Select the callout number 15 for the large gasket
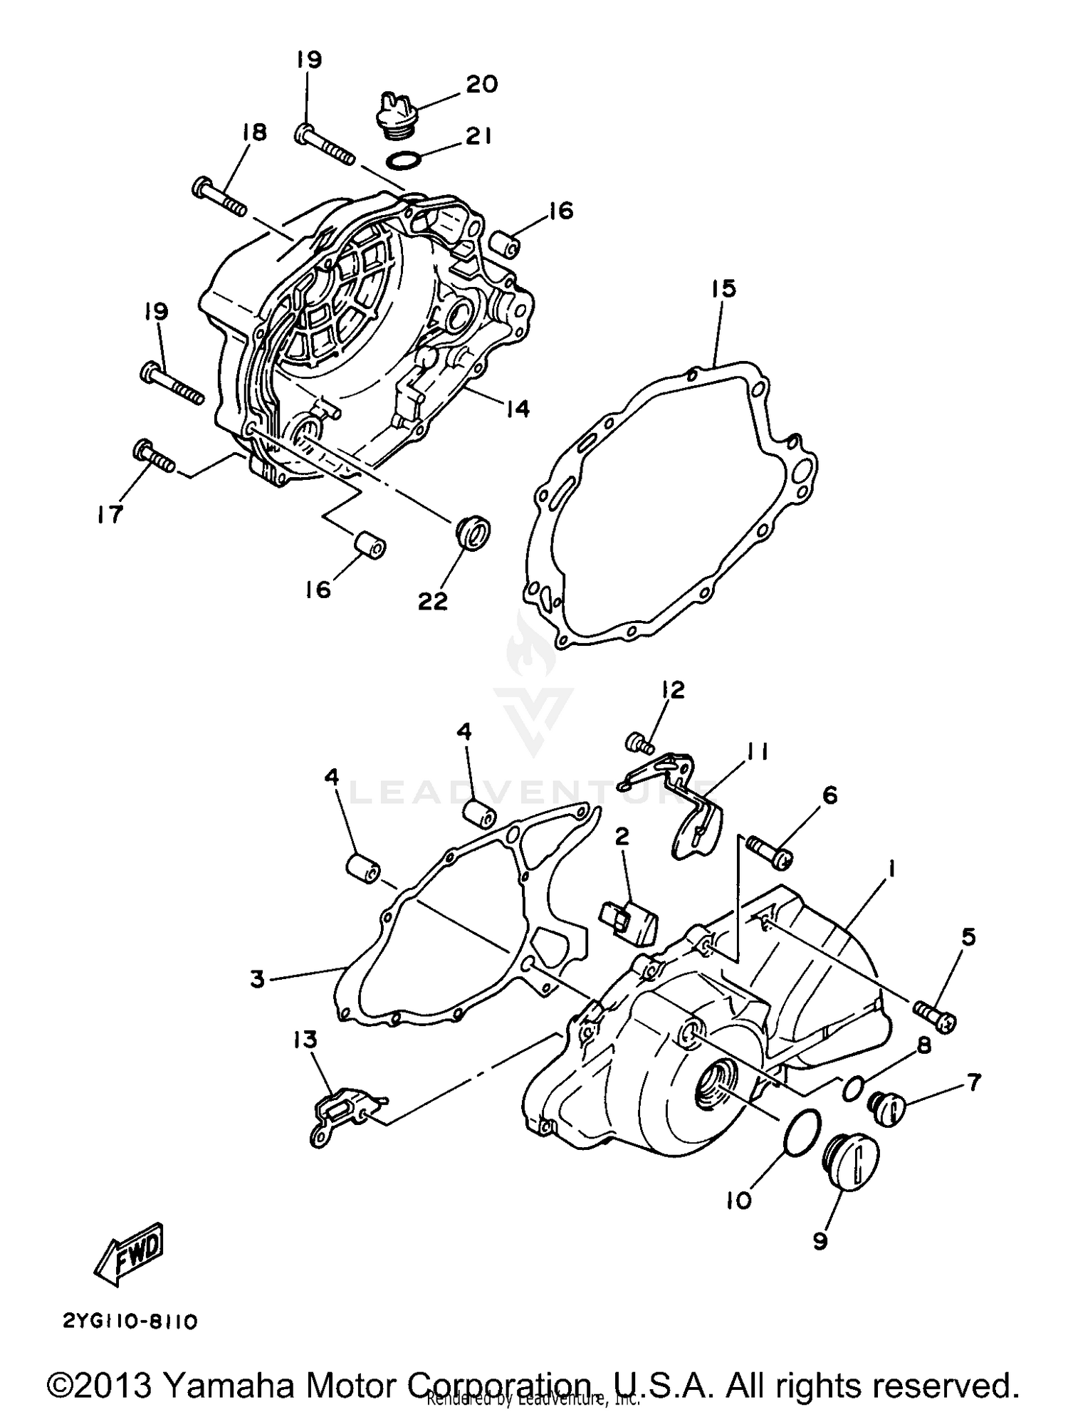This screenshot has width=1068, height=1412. (x=723, y=289)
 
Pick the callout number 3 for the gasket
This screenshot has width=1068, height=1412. (x=258, y=980)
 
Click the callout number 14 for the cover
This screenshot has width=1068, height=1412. (x=518, y=409)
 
